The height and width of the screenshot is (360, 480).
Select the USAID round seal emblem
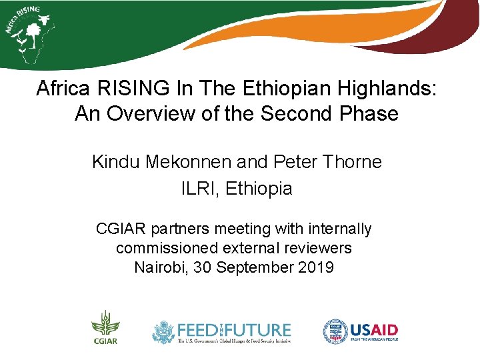335,331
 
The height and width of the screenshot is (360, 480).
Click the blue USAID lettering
374,329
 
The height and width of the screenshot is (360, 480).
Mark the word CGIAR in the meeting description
121,229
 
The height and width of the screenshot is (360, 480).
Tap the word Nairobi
161,268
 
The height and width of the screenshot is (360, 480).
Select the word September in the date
254,268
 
